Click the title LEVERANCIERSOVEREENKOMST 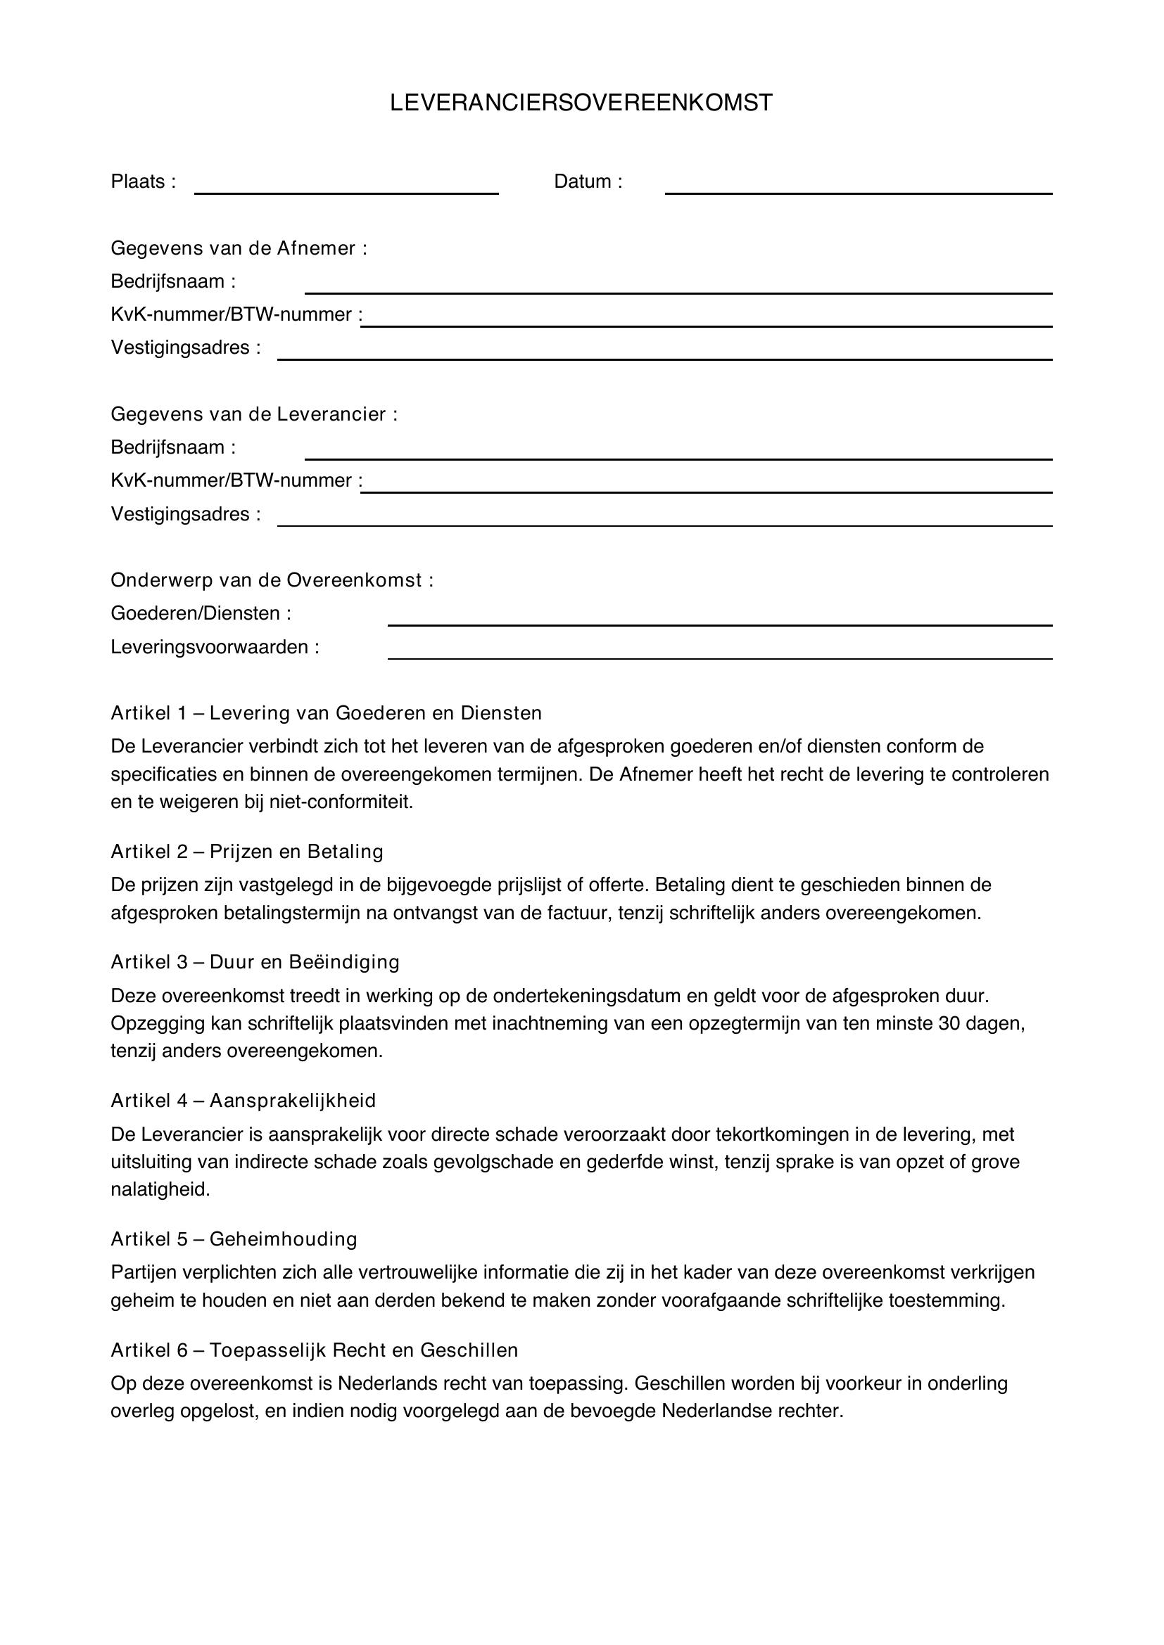(581, 103)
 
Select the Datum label (587, 182)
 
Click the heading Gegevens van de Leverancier (254, 414)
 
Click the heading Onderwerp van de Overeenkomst (272, 580)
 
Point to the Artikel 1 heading (326, 713)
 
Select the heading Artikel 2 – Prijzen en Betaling (246, 852)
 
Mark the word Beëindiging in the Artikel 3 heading (343, 962)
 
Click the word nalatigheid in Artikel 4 (160, 1190)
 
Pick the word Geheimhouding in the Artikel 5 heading (283, 1239)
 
